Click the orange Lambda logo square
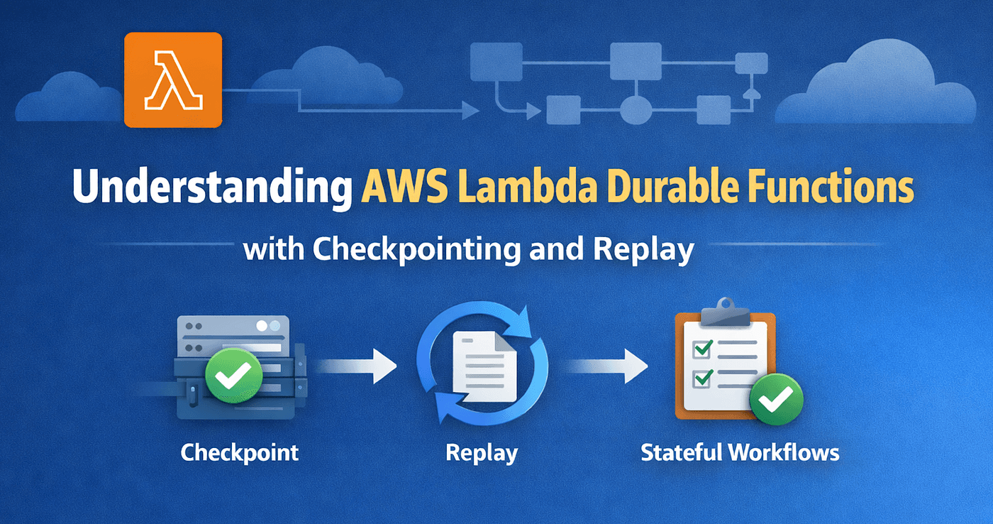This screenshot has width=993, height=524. (x=173, y=80)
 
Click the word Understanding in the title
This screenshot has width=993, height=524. (x=212, y=187)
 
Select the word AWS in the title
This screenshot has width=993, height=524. (x=405, y=185)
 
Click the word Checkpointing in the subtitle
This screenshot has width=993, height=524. (x=417, y=250)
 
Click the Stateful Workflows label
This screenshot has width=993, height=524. (x=740, y=452)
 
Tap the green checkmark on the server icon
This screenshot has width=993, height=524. (x=233, y=376)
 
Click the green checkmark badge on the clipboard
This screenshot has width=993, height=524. (x=776, y=399)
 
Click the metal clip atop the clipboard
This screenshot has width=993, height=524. (x=725, y=312)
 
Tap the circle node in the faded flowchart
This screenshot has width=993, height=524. (x=636, y=109)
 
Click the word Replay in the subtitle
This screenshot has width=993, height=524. (x=644, y=250)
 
